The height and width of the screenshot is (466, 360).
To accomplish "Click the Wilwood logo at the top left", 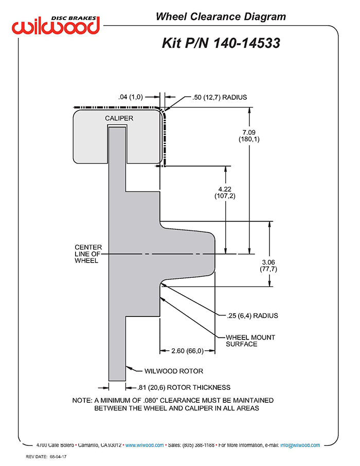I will (x=56, y=25).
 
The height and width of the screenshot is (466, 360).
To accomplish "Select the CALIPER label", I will (x=119, y=118).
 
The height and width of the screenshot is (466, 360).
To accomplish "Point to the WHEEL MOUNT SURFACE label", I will (x=250, y=340).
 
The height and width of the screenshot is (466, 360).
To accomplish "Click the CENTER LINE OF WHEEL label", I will (x=88, y=254).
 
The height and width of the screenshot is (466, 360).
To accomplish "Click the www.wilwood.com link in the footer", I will (x=145, y=445).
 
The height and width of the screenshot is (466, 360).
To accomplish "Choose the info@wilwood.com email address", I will (x=300, y=445).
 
